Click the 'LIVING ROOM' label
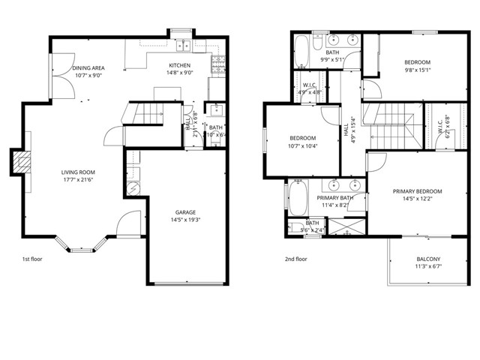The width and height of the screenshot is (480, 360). pyautogui.click(x=80, y=172)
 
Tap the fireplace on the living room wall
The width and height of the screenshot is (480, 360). pyautogui.click(x=21, y=163)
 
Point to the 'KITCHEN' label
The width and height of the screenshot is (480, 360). pyautogui.click(x=180, y=65)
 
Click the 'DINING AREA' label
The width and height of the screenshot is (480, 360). pyautogui.click(x=88, y=67)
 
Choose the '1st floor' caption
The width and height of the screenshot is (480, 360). pyautogui.click(x=31, y=259)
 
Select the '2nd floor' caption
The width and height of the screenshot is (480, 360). pyautogui.click(x=295, y=259)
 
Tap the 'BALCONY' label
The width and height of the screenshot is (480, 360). pyautogui.click(x=429, y=259)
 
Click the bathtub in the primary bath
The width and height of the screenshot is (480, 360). pyautogui.click(x=293, y=197)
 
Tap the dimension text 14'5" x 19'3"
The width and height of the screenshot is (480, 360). pyautogui.click(x=186, y=219)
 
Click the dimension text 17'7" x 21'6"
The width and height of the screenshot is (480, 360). pyautogui.click(x=80, y=181)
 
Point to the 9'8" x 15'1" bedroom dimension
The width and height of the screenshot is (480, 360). pyautogui.click(x=418, y=70)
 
